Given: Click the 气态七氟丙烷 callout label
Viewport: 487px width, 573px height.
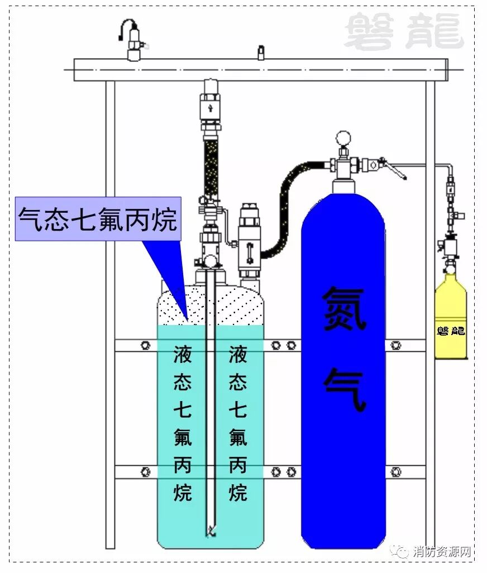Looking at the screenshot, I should [x=98, y=218].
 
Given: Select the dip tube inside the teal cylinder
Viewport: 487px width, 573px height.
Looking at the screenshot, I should [x=210, y=402].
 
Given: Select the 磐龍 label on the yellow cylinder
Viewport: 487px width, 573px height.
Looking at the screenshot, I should [x=451, y=331].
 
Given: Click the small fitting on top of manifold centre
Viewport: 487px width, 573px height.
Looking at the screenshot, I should [x=260, y=52].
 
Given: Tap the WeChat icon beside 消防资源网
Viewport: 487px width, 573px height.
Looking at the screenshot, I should [x=403, y=552].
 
